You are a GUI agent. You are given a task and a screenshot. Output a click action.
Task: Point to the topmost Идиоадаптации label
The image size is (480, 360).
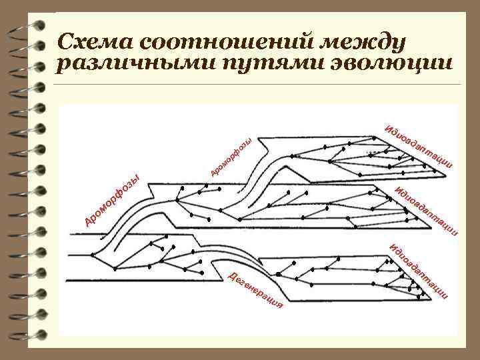pyautogui.click(x=419, y=146)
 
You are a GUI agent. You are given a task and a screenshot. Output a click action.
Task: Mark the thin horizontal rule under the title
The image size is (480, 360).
pyautogui.click(x=260, y=85)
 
